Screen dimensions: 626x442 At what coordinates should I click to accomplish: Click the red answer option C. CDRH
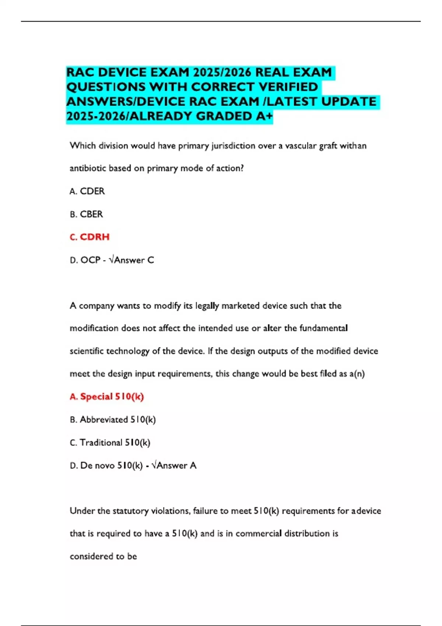click(90, 237)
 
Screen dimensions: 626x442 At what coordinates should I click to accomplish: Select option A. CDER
click(87, 191)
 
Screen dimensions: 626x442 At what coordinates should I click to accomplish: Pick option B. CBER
click(87, 214)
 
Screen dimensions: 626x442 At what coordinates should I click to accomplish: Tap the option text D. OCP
click(85, 260)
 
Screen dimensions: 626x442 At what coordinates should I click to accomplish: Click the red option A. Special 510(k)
click(107, 397)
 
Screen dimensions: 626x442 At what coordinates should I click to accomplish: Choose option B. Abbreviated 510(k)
click(113, 419)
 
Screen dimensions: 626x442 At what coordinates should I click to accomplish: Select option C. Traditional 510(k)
click(110, 442)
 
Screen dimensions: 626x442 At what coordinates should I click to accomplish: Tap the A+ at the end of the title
click(264, 116)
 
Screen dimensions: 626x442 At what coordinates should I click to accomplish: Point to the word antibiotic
click(88, 168)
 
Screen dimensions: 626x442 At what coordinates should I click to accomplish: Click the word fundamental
click(323, 328)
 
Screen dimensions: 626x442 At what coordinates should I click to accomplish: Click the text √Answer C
click(132, 260)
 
